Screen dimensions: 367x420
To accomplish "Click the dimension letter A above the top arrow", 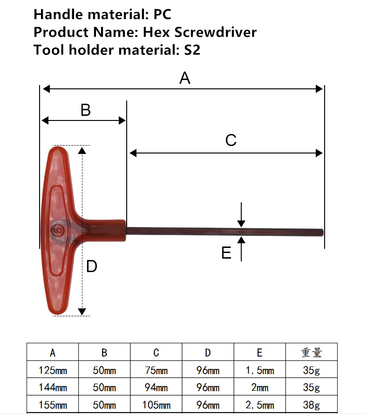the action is pyautogui.click(x=185, y=78).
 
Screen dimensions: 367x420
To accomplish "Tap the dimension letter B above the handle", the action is pyautogui.click(x=86, y=110).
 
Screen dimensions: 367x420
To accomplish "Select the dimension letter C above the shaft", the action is pyautogui.click(x=231, y=140).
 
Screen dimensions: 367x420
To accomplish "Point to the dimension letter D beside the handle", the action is pyautogui.click(x=92, y=266).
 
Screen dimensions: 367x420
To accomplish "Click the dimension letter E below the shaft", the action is pyautogui.click(x=226, y=253).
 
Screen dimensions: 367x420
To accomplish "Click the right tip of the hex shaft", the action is pyautogui.click(x=323, y=232).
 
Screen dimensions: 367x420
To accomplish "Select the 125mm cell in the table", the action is pyautogui.click(x=53, y=370).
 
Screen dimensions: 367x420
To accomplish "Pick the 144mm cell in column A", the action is pyautogui.click(x=53, y=387).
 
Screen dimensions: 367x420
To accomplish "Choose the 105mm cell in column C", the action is pyautogui.click(x=156, y=405).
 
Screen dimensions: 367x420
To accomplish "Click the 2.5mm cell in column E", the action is pyautogui.click(x=260, y=405).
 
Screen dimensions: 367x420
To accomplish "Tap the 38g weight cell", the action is pyautogui.click(x=312, y=405).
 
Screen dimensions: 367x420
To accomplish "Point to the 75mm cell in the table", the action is pyautogui.click(x=156, y=370).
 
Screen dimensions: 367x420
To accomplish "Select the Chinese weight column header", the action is pyautogui.click(x=311, y=352).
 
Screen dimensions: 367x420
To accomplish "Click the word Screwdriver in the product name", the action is pyautogui.click(x=216, y=32).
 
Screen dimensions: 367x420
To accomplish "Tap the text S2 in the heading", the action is pyautogui.click(x=192, y=50).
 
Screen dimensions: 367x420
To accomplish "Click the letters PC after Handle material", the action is pyautogui.click(x=162, y=14).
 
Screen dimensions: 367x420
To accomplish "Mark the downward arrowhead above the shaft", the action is pyautogui.click(x=241, y=224).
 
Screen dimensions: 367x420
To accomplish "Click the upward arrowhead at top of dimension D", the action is pyautogui.click(x=82, y=151).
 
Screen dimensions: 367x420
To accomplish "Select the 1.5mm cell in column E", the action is pyautogui.click(x=260, y=370).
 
